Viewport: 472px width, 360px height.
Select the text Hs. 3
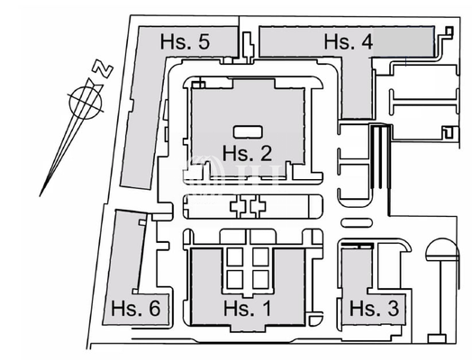coord(373,309)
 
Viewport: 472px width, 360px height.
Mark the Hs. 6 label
coord(136,309)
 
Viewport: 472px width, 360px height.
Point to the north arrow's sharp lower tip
coord(41,193)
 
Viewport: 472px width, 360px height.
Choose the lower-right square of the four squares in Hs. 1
coord(259,279)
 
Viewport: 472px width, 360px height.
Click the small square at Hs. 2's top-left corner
coord(199,85)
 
